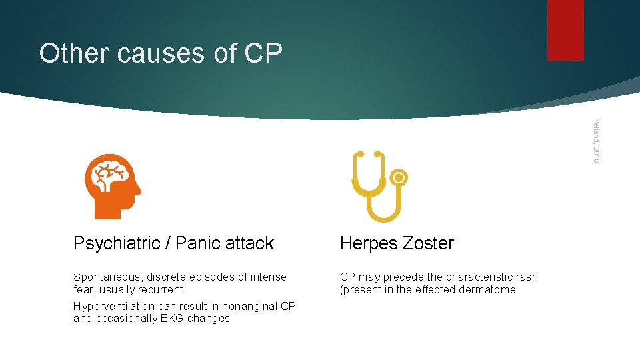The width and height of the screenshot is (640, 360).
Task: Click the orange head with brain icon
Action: click(112, 186)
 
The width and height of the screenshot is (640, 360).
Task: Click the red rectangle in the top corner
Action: click(565, 30)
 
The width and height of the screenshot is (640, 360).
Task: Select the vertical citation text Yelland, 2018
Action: click(597, 139)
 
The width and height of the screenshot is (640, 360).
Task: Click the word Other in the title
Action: click(74, 53)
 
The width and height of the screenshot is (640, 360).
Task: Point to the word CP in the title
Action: click(263, 53)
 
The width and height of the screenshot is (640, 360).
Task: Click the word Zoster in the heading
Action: click(428, 243)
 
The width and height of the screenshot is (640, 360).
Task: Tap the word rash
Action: click(526, 277)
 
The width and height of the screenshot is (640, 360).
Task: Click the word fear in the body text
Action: click(83, 289)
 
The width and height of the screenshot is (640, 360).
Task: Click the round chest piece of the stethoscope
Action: click(399, 178)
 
